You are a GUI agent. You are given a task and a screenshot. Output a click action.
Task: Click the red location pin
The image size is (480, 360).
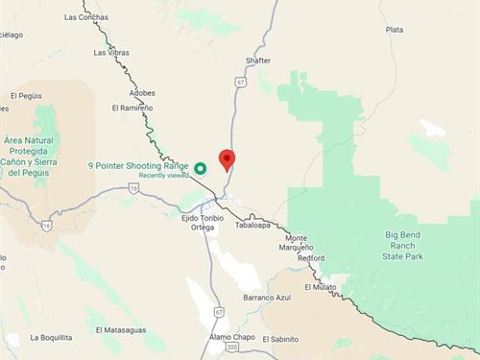click(227, 159)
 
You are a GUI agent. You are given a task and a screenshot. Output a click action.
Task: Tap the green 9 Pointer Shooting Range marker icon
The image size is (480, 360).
click(201, 168)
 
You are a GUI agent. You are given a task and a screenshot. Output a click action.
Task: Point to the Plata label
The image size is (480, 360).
click(394, 30)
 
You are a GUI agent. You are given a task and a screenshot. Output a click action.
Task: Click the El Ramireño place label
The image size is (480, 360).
click(132, 108)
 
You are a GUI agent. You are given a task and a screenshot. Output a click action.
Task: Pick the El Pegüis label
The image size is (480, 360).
click(27, 96)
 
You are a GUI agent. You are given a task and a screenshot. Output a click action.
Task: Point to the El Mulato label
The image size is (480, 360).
click(321, 287)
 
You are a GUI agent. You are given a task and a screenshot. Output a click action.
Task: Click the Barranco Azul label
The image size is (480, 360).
click(265, 299)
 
